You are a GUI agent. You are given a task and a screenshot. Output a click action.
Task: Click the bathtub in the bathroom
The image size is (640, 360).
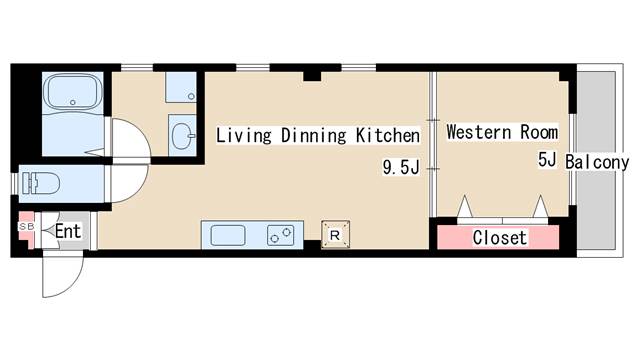click(73, 92)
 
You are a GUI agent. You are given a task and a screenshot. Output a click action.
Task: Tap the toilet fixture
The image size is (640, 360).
click(41, 183)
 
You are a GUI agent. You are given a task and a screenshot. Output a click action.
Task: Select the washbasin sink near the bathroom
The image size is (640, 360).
click(183, 136)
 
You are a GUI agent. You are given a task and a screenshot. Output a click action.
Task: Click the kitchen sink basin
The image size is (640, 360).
click(228, 236)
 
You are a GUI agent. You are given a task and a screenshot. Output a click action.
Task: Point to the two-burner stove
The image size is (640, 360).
click(281, 236)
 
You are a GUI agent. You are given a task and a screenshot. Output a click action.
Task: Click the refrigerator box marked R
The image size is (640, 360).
click(335, 235)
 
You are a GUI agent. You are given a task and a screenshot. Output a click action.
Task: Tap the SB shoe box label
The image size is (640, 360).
click(27, 226)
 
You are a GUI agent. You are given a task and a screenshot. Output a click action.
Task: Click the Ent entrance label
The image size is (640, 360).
click(68, 231)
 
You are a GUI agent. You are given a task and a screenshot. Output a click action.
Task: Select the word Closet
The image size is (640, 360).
click(500, 238)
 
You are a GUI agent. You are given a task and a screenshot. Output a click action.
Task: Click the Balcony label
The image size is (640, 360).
click(597, 162)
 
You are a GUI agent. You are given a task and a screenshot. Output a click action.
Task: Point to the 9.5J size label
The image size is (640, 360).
click(401, 167)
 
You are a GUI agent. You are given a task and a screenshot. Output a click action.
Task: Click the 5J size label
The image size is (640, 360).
click(547, 160)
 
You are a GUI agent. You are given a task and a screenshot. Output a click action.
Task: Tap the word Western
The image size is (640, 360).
click(479, 132)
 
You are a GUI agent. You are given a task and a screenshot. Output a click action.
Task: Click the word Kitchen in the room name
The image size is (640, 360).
click(388, 136)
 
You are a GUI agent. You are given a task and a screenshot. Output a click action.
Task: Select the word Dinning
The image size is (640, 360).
click(313, 136)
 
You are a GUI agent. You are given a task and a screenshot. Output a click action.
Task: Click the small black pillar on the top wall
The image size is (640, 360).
click(312, 76)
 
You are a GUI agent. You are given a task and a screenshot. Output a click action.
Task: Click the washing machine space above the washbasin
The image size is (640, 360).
click(181, 87)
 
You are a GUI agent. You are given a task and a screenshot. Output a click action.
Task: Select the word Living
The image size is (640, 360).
click(244, 136)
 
